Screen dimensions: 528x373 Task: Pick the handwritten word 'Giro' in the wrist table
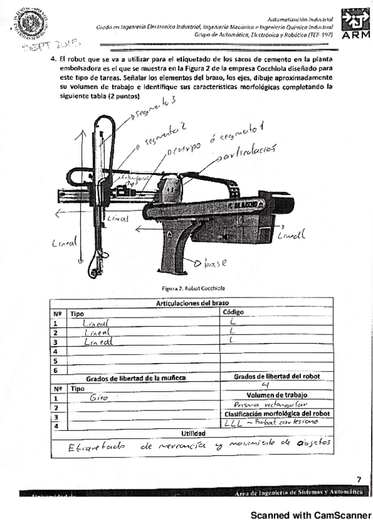(x=99, y=397)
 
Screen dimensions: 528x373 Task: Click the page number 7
(x=358, y=479)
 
